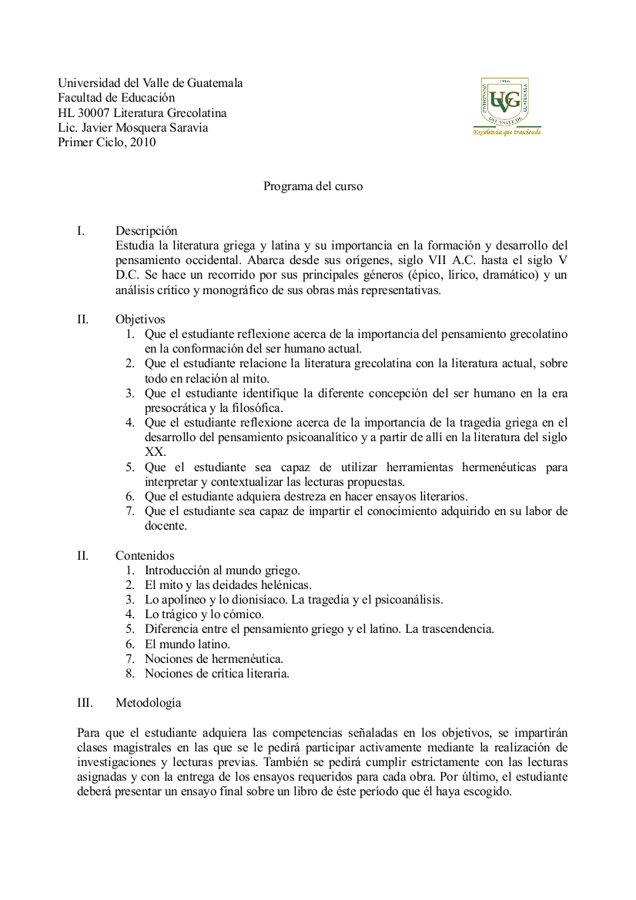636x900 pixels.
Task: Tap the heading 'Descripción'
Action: [x=146, y=231]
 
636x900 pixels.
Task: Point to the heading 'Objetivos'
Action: [x=140, y=320]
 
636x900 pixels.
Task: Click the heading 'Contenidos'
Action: [x=145, y=556]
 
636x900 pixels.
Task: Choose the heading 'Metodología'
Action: [x=149, y=703]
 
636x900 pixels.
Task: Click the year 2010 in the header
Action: [x=142, y=142]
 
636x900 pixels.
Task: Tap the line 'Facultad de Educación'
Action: [x=116, y=98]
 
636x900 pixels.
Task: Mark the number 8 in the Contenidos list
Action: [x=131, y=674]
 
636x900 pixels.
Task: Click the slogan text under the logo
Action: [x=507, y=132]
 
